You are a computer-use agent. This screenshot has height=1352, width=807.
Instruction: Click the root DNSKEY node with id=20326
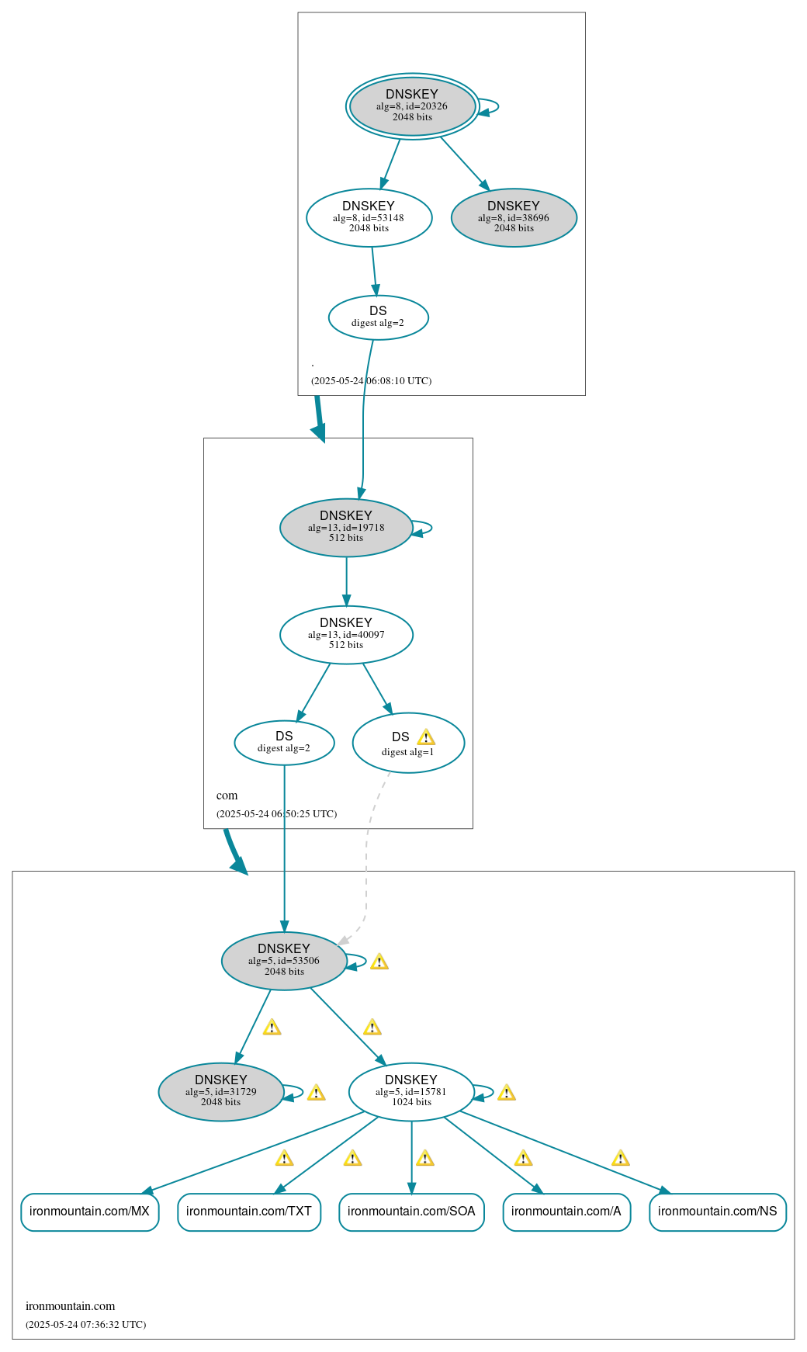[x=412, y=106]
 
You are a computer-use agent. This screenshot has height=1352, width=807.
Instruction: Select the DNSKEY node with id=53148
[x=369, y=218]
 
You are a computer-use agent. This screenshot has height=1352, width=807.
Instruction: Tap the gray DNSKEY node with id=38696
[x=514, y=218]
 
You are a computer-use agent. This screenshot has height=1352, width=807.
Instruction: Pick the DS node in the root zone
[x=378, y=317]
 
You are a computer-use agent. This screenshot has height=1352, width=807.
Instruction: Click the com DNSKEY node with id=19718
[x=346, y=528]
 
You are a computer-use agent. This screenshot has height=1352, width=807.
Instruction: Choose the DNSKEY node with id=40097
[x=346, y=635]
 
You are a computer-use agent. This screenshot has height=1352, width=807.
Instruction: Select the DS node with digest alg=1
[x=408, y=744]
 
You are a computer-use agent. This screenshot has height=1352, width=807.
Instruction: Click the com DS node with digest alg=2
[x=284, y=743]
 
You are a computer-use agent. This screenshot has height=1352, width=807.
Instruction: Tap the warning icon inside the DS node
[x=426, y=737]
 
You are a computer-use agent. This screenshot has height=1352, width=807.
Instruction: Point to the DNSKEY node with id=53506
[x=284, y=961]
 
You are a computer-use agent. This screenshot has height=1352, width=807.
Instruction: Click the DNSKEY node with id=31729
[x=221, y=1092]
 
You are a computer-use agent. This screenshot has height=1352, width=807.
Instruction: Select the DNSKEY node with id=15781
[x=411, y=1092]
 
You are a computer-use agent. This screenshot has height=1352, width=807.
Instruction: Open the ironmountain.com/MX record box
[x=90, y=1212]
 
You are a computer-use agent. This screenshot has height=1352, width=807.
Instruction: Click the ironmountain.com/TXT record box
[x=249, y=1212]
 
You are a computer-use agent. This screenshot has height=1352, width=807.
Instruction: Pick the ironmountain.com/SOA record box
[x=411, y=1212]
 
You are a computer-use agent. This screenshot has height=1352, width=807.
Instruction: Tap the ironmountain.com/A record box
[x=566, y=1212]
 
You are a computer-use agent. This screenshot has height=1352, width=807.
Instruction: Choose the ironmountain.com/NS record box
[x=718, y=1212]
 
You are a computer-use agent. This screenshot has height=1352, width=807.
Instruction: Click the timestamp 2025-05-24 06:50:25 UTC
[x=277, y=814]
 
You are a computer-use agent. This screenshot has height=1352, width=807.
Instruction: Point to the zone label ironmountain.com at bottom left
[x=71, y=1306]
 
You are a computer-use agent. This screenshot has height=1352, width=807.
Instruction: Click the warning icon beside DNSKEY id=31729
[x=316, y=1093]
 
